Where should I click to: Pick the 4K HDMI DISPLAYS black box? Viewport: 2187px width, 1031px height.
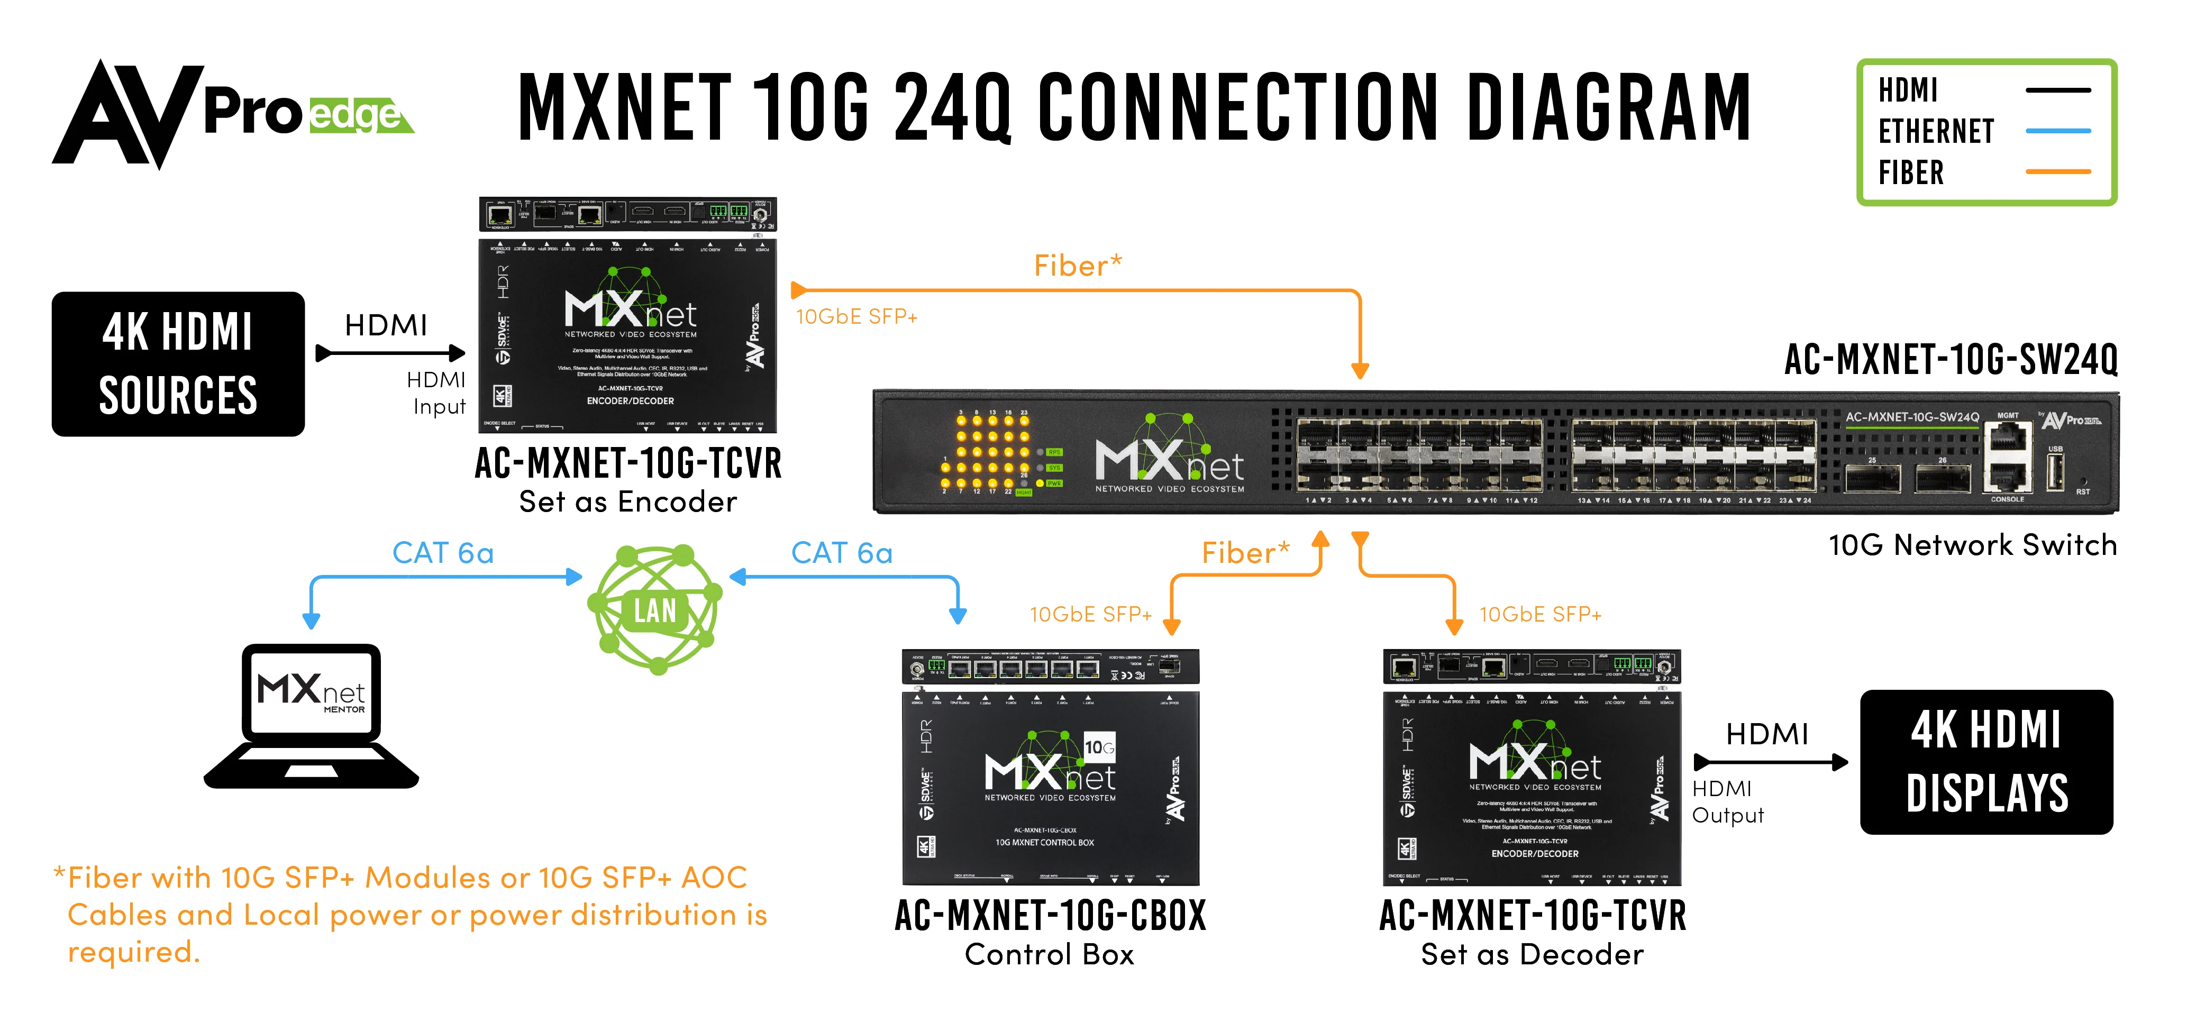tap(1986, 762)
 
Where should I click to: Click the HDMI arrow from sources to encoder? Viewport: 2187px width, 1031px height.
tap(390, 352)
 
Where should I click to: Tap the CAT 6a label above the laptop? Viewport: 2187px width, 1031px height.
tap(442, 553)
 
